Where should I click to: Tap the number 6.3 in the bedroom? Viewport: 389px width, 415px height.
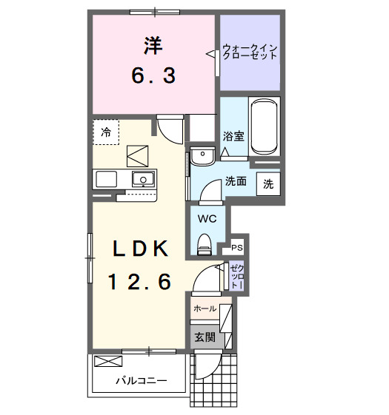(153, 75)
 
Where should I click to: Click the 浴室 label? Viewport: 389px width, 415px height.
(233, 136)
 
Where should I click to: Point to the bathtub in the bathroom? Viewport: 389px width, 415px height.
(265, 127)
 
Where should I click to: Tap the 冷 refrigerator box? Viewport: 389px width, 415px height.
(106, 132)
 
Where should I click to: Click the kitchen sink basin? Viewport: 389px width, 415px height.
(143, 178)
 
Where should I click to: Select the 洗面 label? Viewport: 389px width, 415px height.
(236, 181)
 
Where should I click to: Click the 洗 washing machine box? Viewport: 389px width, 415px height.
(267, 183)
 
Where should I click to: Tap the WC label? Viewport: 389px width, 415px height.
(206, 218)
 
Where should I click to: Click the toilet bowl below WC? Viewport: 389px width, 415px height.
(206, 241)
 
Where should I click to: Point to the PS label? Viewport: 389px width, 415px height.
(237, 248)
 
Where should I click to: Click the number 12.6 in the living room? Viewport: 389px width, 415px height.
(141, 281)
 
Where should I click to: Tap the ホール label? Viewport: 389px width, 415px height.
(205, 308)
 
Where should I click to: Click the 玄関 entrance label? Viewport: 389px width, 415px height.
(205, 337)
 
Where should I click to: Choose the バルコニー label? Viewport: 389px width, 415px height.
(140, 382)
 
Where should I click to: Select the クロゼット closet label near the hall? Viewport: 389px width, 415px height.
(236, 276)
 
